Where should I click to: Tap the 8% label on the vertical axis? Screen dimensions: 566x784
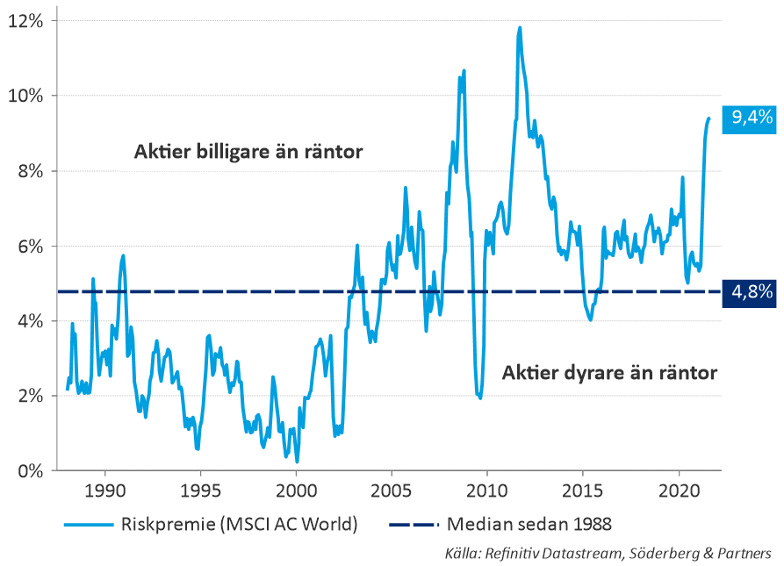[30, 170]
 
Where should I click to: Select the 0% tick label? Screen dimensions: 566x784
[30, 470]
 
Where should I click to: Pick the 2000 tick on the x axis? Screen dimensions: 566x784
[297, 489]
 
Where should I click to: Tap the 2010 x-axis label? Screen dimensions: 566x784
[488, 489]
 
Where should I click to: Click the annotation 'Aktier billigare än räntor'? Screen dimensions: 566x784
[248, 152]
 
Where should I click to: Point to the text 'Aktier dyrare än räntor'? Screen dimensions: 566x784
[609, 373]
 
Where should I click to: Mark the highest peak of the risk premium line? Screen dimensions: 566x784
[520, 27]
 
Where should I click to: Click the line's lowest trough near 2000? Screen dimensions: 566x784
[298, 461]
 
